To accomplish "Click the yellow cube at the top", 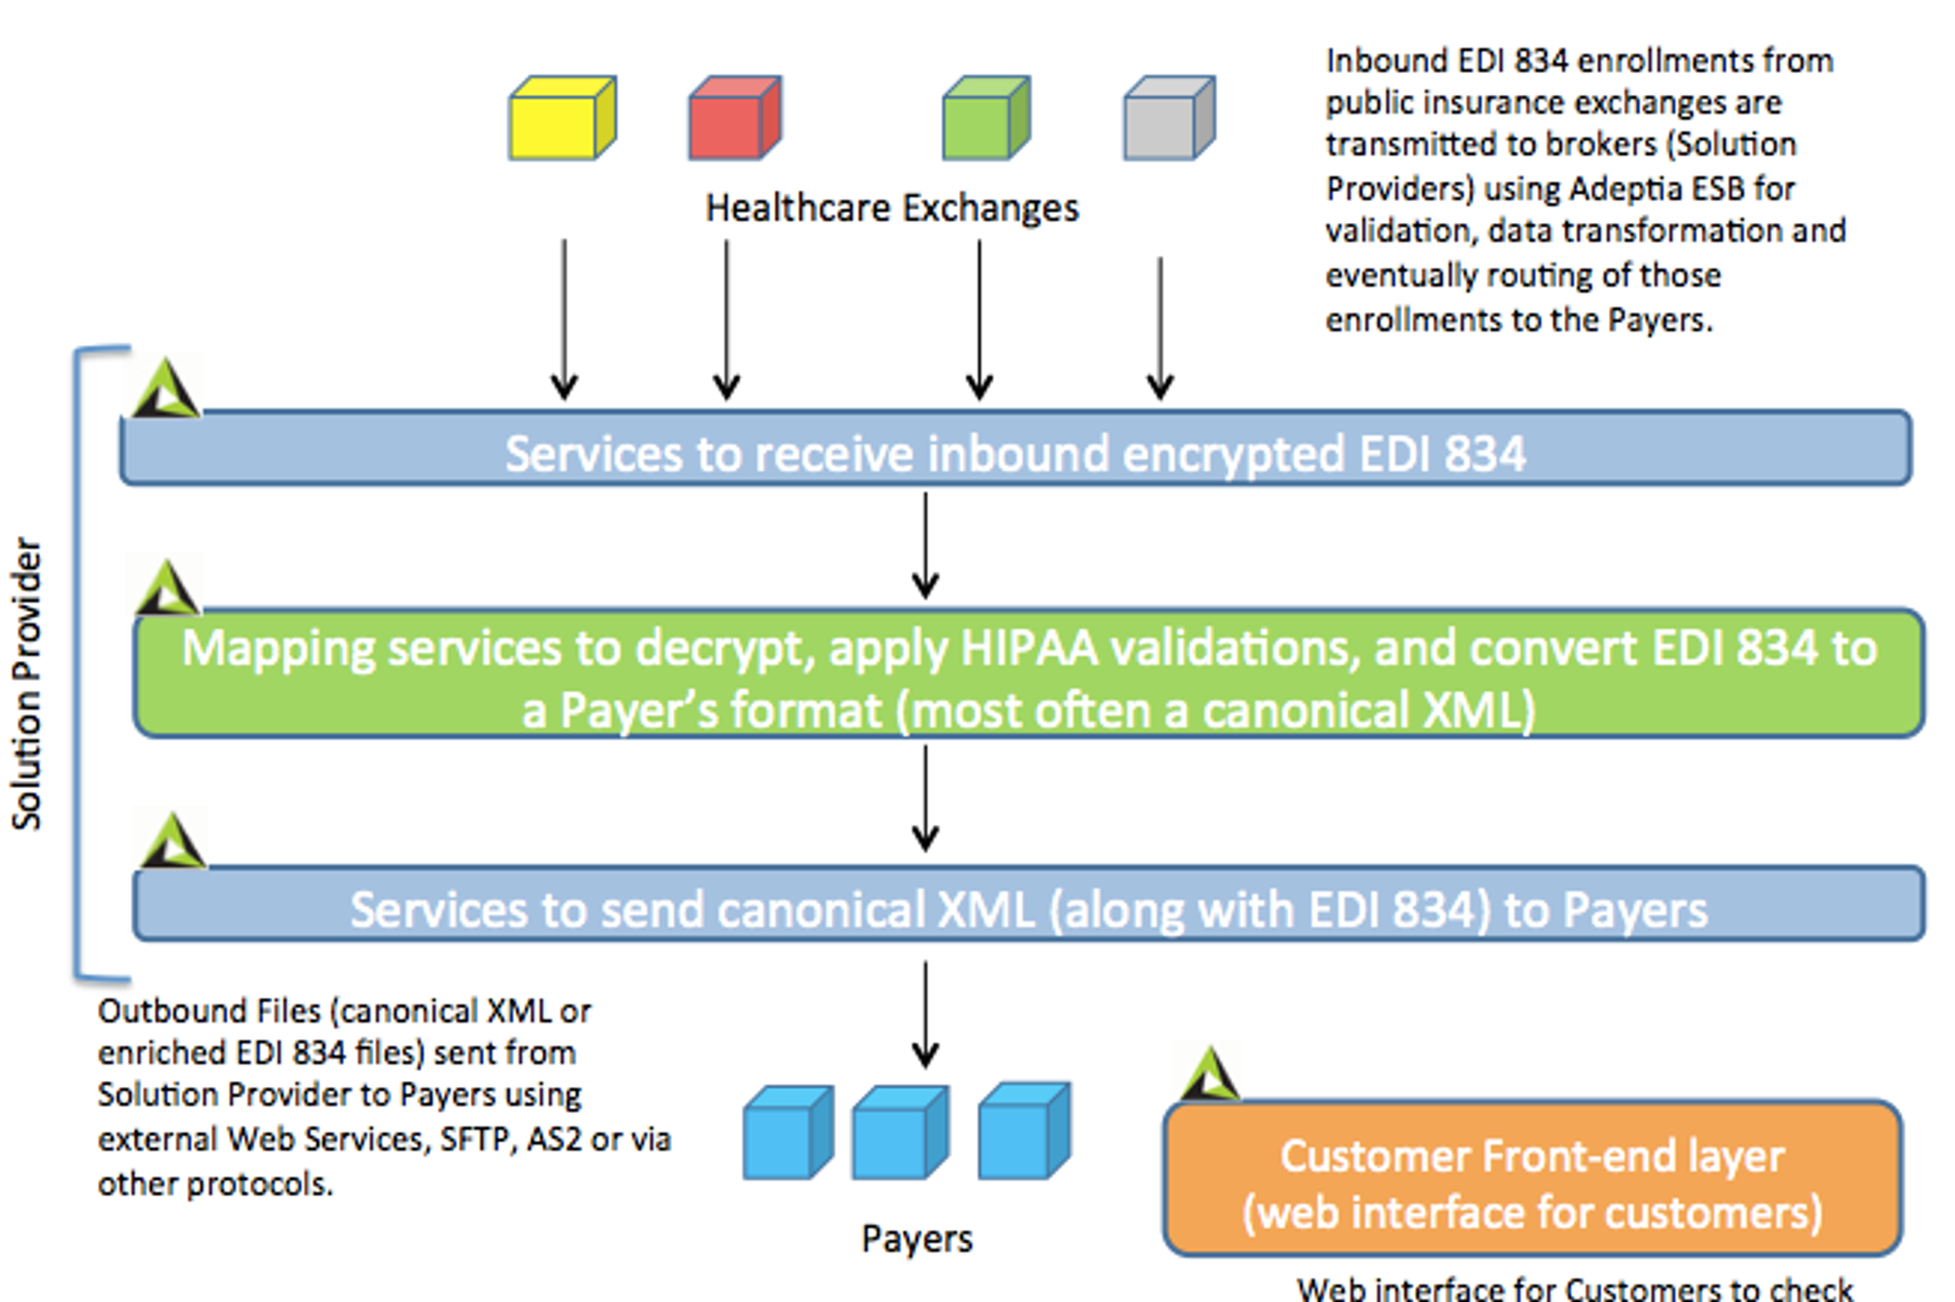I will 561,118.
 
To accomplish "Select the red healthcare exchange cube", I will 734,118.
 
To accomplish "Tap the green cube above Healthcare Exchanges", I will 985,118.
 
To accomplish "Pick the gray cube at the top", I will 1168,118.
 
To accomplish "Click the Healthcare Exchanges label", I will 891,208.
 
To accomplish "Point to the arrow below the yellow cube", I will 564,320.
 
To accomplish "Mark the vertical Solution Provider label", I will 27,683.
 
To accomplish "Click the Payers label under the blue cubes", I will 916,1239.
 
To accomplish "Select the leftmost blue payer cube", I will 786,1133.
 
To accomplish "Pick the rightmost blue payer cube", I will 1023,1131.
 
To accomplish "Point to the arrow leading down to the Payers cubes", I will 925,1014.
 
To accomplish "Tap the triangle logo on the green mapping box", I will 168,587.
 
